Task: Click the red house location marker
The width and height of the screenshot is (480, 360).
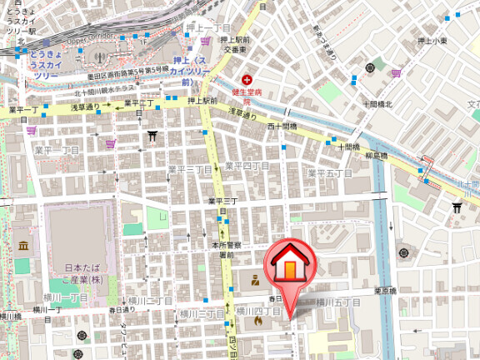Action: (287, 265)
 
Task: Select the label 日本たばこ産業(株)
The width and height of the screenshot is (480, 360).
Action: (86, 274)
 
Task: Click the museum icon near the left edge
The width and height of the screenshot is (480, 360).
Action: (22, 246)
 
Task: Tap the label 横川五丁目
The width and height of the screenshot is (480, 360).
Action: (340, 302)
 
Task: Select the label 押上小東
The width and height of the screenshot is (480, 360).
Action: (432, 40)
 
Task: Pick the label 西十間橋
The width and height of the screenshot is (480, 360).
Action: (282, 127)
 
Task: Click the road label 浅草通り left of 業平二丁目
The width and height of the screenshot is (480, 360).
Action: (85, 107)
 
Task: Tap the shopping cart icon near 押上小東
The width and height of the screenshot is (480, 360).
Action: (397, 72)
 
